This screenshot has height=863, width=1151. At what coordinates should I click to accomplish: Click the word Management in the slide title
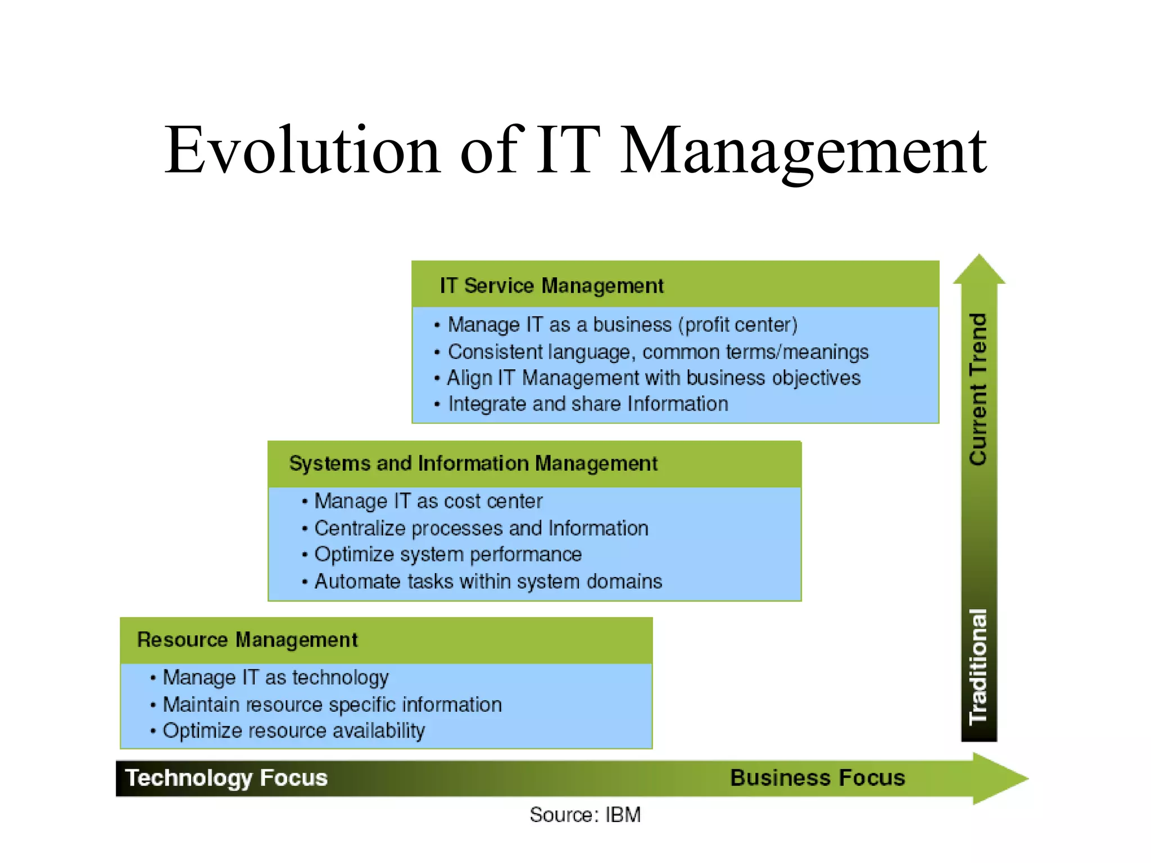[804, 151]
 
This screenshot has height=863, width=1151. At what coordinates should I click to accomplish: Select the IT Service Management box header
[551, 285]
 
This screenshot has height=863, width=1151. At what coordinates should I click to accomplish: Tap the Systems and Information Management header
[473, 464]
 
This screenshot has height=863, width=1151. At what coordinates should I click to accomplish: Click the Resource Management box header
[247, 640]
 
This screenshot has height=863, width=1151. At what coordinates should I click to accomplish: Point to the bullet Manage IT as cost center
[428, 501]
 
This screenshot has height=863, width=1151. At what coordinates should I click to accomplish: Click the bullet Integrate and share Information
[587, 404]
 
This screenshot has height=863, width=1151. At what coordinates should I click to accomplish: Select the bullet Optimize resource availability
[293, 731]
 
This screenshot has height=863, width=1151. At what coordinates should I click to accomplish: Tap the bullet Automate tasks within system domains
[488, 582]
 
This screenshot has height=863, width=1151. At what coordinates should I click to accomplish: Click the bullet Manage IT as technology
[275, 678]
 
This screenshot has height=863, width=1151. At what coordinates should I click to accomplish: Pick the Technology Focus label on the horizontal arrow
[226, 778]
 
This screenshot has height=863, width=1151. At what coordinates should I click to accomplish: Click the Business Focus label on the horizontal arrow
[817, 778]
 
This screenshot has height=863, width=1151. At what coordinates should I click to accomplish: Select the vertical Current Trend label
[978, 389]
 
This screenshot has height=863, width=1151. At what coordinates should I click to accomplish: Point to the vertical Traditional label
[978, 666]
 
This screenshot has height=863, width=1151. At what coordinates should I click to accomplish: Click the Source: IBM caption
[585, 815]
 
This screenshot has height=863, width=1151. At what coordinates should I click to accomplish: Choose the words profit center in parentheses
[738, 325]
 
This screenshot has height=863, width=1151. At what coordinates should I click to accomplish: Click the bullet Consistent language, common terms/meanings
[658, 352]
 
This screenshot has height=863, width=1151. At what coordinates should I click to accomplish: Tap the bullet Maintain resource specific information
[332, 705]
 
